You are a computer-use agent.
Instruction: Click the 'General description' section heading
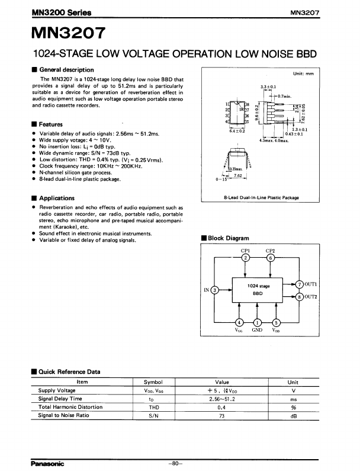point(62,70)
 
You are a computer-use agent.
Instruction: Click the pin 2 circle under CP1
point(245,258)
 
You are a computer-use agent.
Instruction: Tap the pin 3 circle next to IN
point(215,290)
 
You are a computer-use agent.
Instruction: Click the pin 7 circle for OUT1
point(300,284)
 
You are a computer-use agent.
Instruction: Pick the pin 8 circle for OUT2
point(300,296)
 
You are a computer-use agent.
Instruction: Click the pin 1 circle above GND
point(258,322)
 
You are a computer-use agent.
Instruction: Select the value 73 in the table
point(222,415)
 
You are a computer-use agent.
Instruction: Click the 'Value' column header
point(222,382)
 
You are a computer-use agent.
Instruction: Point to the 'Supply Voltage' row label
point(57,390)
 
